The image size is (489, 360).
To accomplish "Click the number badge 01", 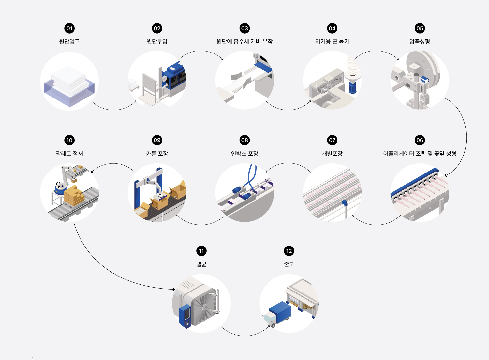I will click(69, 28).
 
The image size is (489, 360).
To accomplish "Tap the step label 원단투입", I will click(157, 41).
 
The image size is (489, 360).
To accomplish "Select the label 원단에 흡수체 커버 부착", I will click(244, 41).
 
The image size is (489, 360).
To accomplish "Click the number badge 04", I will click(332, 28).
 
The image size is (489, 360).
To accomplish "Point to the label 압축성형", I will click(420, 41).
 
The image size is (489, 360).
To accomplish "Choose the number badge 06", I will click(420, 140).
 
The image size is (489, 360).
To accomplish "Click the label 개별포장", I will click(332, 154).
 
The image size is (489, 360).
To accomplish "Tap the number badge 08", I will click(244, 140).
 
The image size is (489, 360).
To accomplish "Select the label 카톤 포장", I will click(157, 154).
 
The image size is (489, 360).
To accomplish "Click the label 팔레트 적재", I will click(69, 154).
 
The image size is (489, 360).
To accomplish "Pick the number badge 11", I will click(201, 251).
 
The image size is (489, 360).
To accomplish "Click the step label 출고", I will click(289, 264).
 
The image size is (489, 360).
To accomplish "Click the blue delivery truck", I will click(279, 313).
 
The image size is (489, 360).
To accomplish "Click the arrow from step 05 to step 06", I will click(465, 137).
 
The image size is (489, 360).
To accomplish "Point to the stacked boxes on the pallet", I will click(74, 196).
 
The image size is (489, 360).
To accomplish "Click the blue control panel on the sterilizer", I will click(185, 316).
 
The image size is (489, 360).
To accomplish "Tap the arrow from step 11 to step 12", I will click(244, 335).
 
